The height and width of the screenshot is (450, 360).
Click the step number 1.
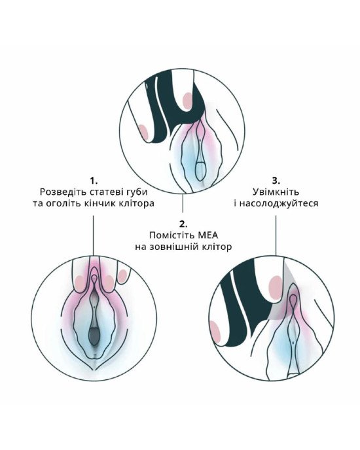tap(94, 181)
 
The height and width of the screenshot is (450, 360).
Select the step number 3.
tap(276, 181)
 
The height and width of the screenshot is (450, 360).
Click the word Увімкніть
tap(276, 192)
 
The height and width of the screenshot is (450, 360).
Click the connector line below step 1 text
tap(94, 235)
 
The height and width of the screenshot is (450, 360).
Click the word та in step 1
tap(37, 204)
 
